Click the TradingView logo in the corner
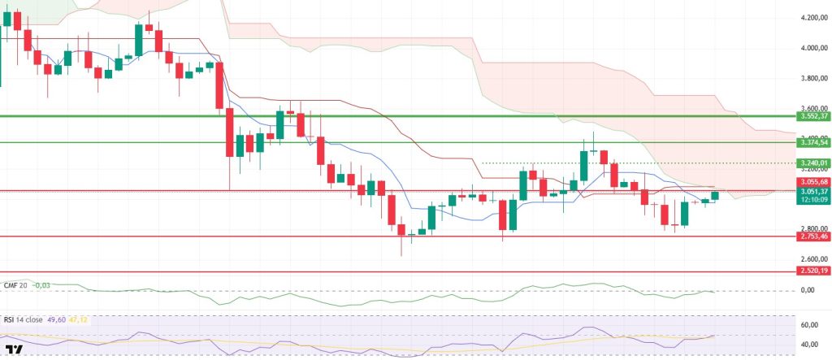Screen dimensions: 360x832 tap(15, 350)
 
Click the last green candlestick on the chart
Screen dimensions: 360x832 tap(715, 195)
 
